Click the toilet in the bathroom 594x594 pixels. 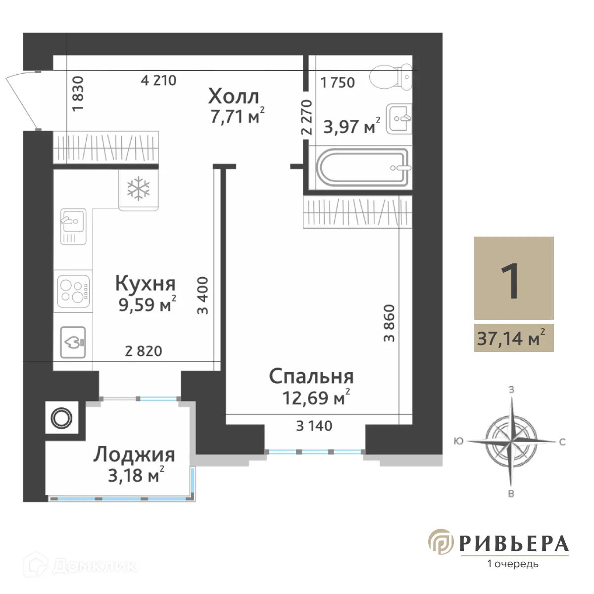click(390, 77)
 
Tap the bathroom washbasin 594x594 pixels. click(399, 119)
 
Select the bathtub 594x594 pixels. click(364, 167)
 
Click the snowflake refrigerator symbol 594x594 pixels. click(139, 189)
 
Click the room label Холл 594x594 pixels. click(233, 96)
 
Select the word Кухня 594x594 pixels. click(145, 284)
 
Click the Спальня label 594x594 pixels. click(311, 377)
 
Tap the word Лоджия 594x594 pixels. click(134, 454)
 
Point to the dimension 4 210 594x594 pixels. click(158, 80)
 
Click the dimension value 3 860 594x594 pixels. click(390, 323)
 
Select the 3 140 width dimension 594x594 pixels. click(314, 426)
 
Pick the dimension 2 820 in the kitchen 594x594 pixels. click(144, 351)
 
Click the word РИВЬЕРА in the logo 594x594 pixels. click(514, 544)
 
